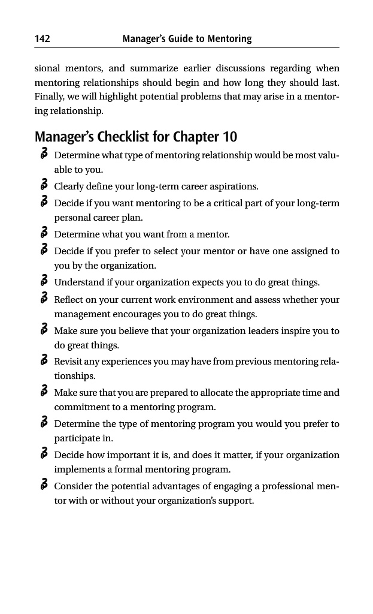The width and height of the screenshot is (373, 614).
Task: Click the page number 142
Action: point(42,39)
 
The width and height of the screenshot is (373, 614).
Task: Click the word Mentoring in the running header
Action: point(229,39)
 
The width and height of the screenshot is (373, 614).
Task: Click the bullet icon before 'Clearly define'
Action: point(44,186)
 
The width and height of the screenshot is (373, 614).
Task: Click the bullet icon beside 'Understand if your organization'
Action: point(44,282)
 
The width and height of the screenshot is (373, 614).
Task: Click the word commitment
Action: point(81,407)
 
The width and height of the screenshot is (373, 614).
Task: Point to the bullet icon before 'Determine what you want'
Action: point(44,233)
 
